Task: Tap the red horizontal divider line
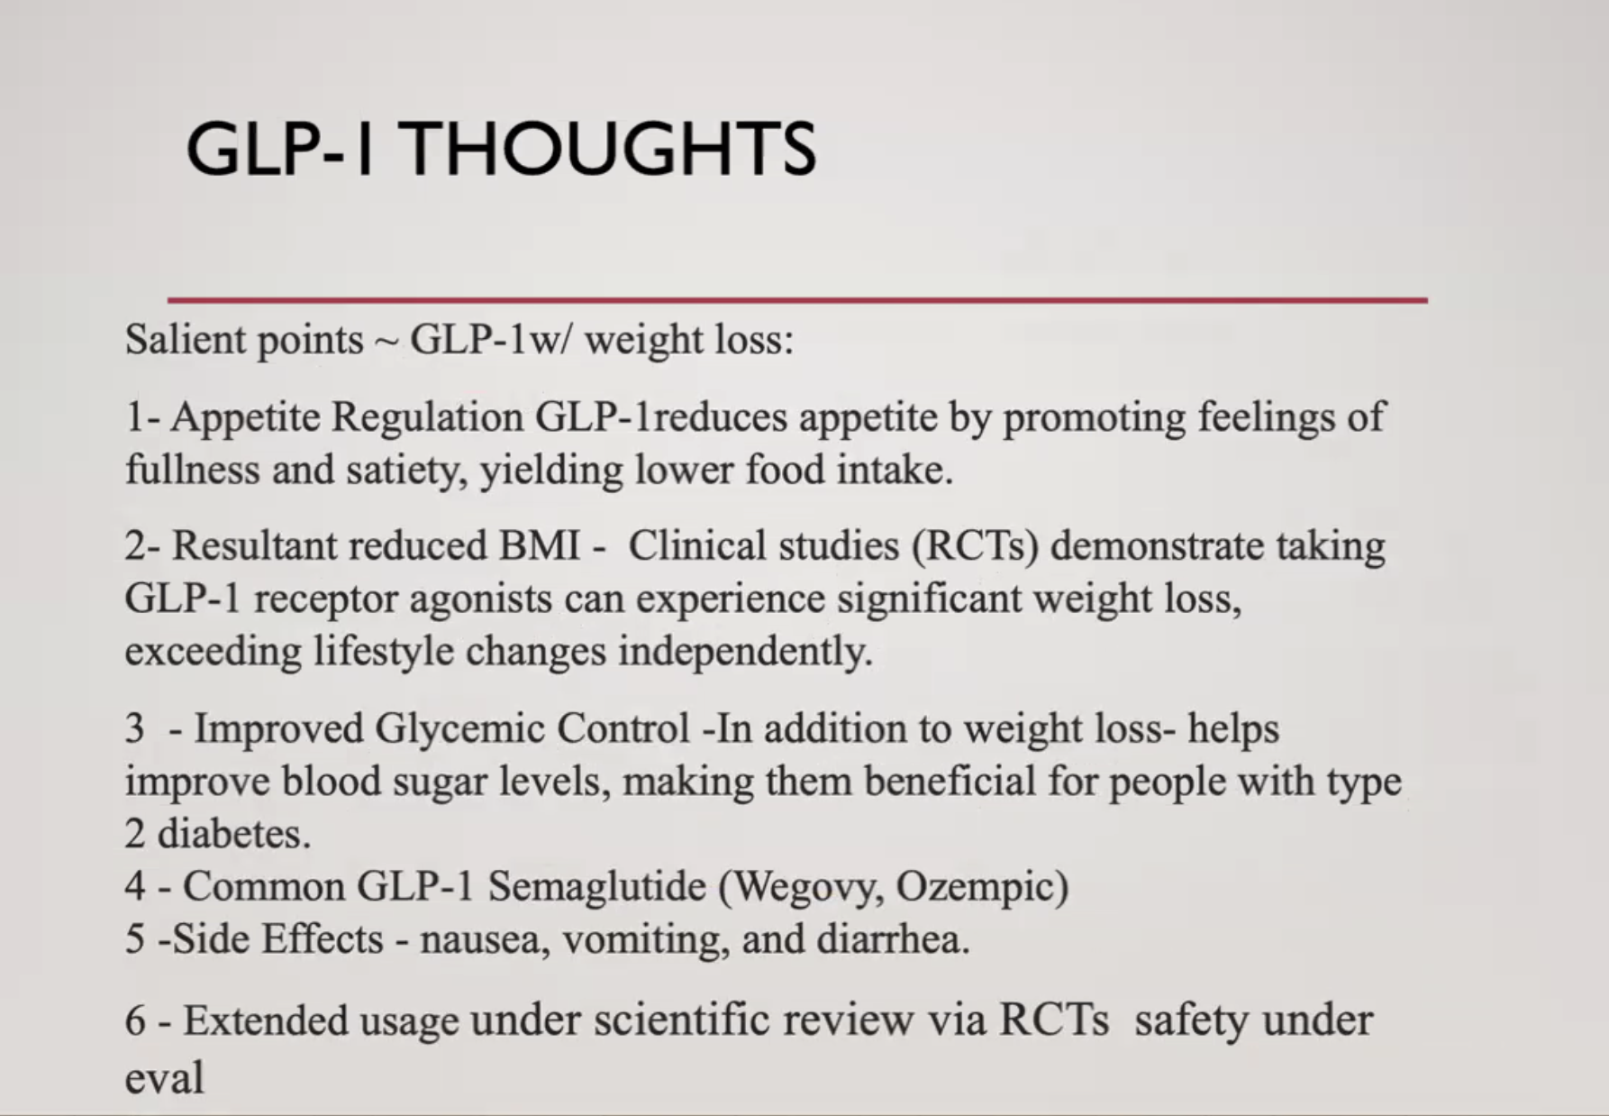pyautogui.click(x=797, y=300)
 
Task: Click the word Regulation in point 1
pyautogui.click(x=427, y=417)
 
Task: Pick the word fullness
pyautogui.click(x=192, y=470)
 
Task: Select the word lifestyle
pyautogui.click(x=383, y=652)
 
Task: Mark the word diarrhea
pyautogui.click(x=892, y=940)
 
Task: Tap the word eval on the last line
pyautogui.click(x=164, y=1077)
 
